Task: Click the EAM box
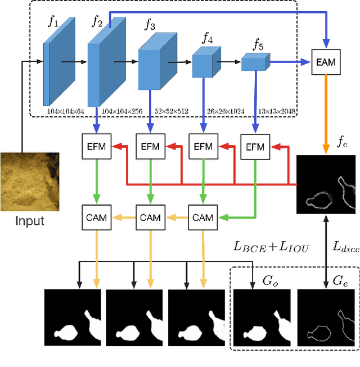(326, 62)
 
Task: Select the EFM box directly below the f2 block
(97, 147)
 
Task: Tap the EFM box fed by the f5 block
(255, 147)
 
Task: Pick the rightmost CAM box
(202, 217)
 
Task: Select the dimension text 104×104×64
(65, 111)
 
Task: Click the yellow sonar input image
(22, 181)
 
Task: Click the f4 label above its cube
(208, 39)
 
